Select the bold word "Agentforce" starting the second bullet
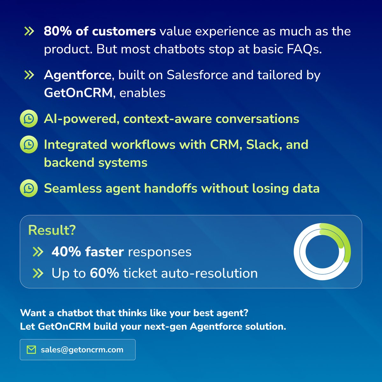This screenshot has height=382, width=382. click(x=77, y=75)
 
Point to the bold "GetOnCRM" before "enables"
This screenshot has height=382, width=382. click(x=78, y=93)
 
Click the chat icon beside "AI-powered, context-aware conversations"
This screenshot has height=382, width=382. click(x=29, y=119)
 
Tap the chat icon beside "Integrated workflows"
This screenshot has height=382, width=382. click(x=29, y=145)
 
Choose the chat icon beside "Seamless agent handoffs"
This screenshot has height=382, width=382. click(x=29, y=188)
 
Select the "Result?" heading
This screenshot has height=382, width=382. click(x=52, y=230)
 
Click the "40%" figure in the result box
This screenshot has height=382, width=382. click(x=66, y=252)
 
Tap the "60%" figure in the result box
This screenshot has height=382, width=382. click(x=104, y=273)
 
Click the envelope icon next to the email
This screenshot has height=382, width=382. click(x=31, y=350)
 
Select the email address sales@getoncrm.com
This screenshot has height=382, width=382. click(x=82, y=350)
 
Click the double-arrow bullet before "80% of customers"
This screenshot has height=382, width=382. click(x=29, y=31)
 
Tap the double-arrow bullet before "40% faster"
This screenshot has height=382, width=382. click(x=38, y=252)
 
